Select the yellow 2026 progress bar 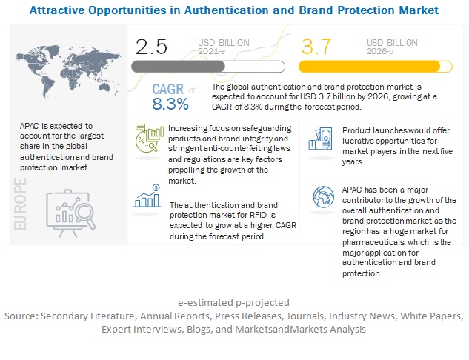click(x=374, y=66)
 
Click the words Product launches click(x=368, y=131)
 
